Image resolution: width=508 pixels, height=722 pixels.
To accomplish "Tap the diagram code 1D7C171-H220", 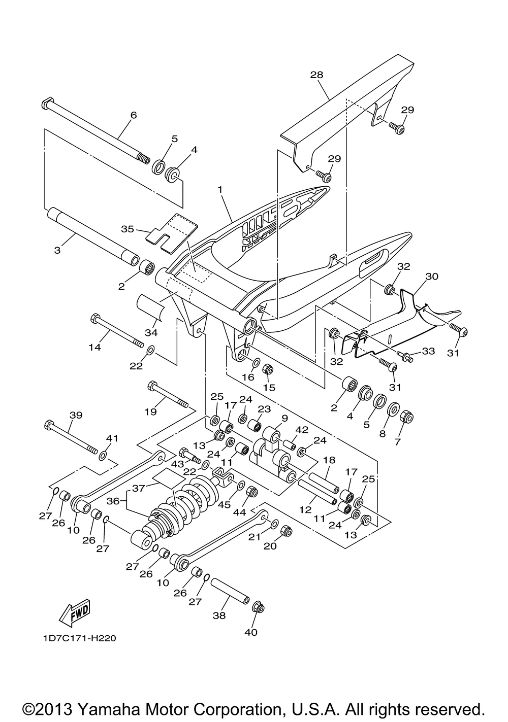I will (79, 638).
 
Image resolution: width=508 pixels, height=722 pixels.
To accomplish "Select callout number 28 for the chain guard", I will (316, 75).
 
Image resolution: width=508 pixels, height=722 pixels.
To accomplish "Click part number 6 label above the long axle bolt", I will (134, 115).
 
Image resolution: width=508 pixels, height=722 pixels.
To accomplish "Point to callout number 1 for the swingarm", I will (220, 189).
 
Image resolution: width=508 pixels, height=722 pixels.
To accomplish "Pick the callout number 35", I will (128, 229).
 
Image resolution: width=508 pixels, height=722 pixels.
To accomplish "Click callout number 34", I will (151, 333).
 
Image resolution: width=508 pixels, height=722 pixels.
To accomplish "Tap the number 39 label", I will (76, 415).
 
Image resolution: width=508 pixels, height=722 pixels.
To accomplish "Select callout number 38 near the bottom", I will (219, 615).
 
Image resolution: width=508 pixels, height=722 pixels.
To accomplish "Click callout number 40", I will (251, 632).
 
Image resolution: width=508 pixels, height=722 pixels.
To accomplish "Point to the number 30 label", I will (432, 277).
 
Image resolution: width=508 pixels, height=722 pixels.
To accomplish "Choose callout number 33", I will (429, 351).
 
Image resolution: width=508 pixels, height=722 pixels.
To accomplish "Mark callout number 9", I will (284, 419).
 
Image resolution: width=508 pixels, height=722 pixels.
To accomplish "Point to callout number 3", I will (57, 250).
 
